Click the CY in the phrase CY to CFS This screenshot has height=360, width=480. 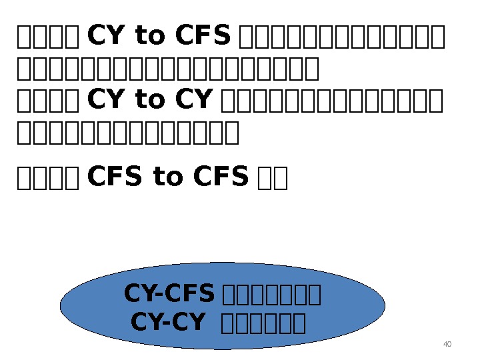[102, 37]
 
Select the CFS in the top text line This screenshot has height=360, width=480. [203, 37]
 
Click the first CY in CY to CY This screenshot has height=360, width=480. [102, 100]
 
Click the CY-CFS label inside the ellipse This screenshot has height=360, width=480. [169, 293]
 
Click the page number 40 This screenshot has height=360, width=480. [447, 344]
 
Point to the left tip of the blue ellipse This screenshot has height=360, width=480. [62, 306]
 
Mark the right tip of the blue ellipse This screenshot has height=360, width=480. [384, 306]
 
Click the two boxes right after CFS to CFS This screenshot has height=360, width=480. [272, 178]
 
